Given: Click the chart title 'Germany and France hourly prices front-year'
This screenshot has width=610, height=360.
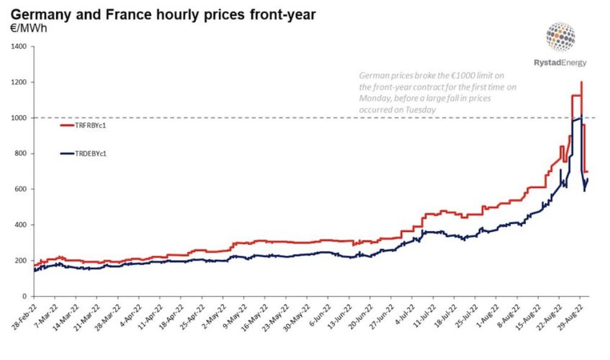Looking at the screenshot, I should (x=162, y=14).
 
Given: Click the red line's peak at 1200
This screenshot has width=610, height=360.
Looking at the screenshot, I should (x=580, y=82).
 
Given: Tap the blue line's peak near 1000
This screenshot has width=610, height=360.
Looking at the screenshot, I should (x=580, y=118).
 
